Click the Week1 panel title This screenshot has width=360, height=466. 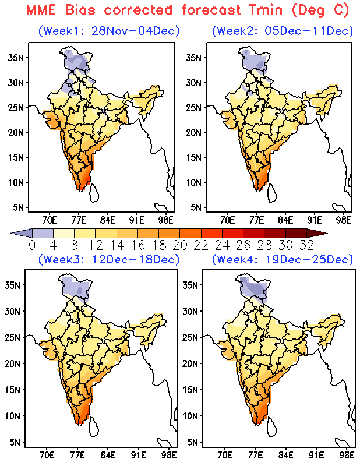108,30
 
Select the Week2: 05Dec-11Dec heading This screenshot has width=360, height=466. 282,30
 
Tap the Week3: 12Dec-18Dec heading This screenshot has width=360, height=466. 108,259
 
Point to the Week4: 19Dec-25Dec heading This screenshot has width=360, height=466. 282,259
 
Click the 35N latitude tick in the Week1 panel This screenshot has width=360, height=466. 16,57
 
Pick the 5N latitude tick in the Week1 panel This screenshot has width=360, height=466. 18,207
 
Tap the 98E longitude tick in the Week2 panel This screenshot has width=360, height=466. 344,220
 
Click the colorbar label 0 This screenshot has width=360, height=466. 32,244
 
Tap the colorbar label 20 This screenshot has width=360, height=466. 183,244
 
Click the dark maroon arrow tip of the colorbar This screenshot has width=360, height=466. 322,233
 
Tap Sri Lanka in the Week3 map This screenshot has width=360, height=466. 93,428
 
